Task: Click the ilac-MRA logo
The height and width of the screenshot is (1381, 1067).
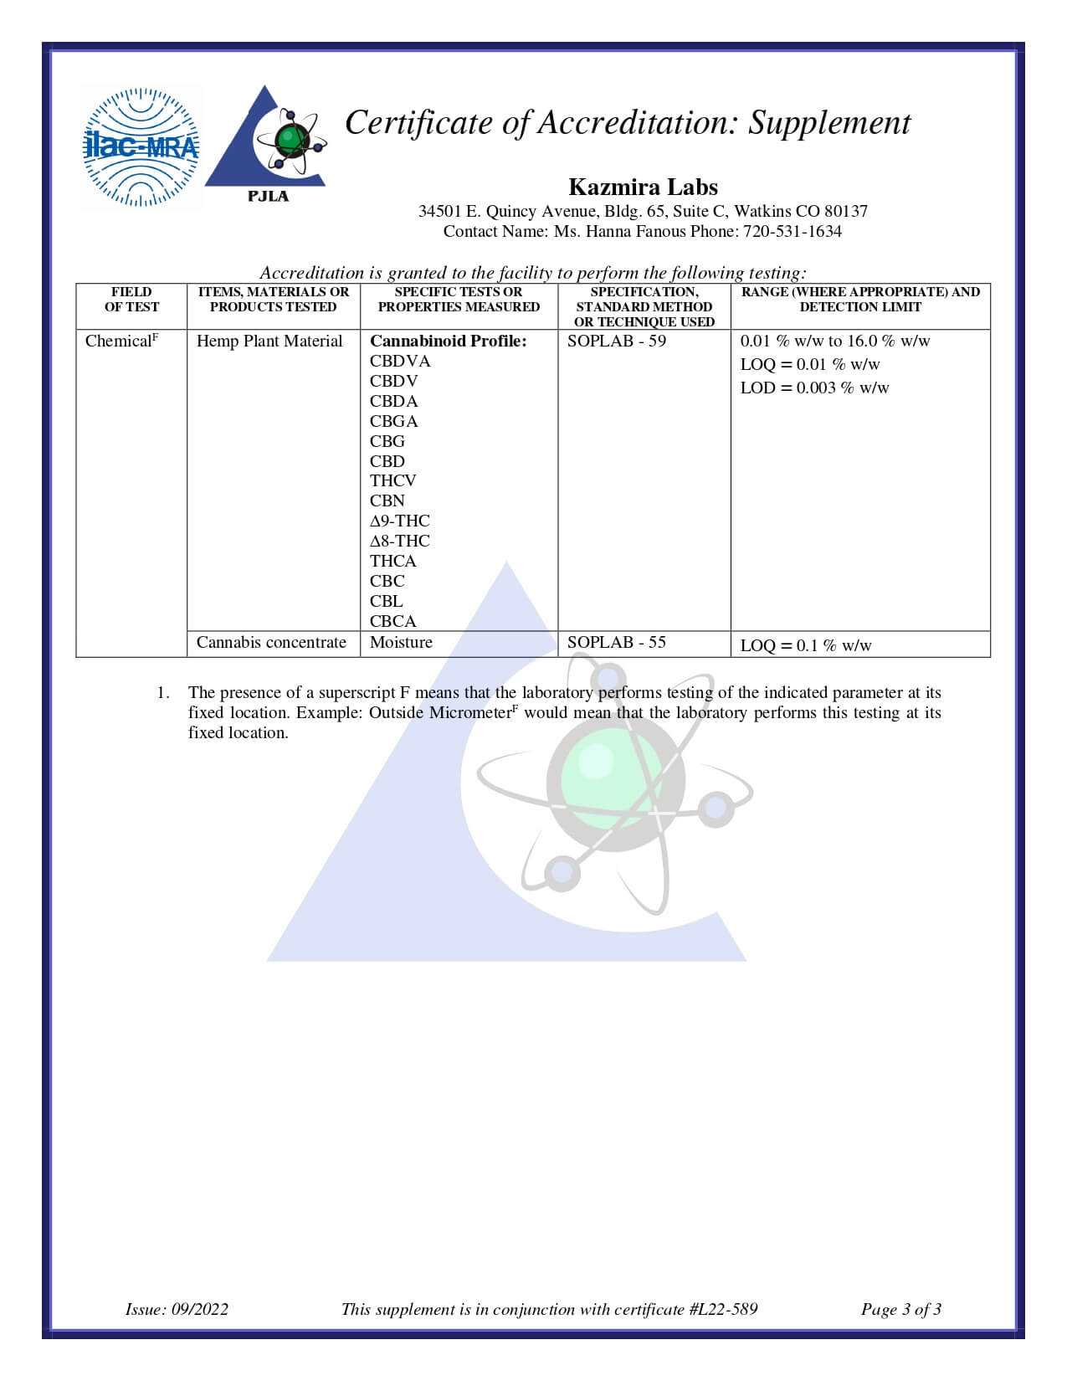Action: click(x=141, y=147)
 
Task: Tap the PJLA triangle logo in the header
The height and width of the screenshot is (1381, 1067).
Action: click(x=267, y=142)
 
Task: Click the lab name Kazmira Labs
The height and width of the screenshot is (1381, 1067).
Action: click(x=643, y=187)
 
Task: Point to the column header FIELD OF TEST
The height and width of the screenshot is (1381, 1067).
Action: click(x=131, y=300)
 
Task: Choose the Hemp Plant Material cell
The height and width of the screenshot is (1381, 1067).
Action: click(x=269, y=341)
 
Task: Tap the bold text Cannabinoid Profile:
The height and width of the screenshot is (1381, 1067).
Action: click(x=449, y=341)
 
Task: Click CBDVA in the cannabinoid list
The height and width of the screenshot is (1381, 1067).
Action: click(x=400, y=362)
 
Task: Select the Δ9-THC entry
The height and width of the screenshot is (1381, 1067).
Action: click(x=400, y=521)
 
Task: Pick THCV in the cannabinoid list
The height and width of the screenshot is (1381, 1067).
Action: click(x=393, y=481)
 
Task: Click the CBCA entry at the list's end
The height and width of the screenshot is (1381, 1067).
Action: click(x=393, y=621)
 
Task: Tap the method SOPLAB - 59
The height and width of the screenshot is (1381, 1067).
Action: click(x=617, y=341)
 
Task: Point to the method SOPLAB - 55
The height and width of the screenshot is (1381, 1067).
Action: click(x=617, y=643)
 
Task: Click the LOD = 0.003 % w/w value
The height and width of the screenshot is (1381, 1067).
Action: click(x=814, y=388)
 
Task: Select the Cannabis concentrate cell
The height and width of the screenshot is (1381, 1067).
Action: click(x=271, y=643)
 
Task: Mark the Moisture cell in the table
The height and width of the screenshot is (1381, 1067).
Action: click(x=402, y=643)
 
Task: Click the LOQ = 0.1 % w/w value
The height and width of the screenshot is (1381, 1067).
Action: click(x=806, y=645)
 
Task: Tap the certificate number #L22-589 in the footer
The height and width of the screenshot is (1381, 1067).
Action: click(x=725, y=1309)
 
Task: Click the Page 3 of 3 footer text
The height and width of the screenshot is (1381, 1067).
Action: click(x=901, y=1309)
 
